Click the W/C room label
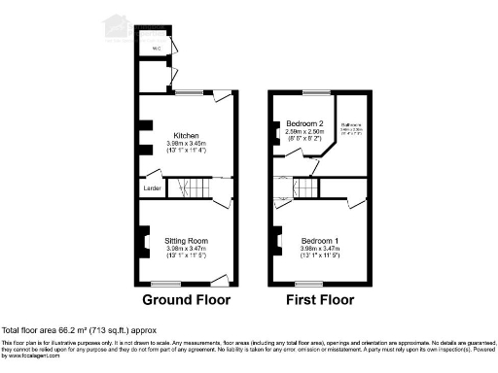tap(156, 47)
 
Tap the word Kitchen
tap(186, 135)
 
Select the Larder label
tap(151, 186)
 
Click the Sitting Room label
tap(186, 240)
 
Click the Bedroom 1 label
tap(319, 240)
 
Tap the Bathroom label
tap(351, 124)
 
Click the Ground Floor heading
tap(185, 300)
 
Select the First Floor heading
tap(319, 300)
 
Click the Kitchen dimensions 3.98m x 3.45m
tap(186, 144)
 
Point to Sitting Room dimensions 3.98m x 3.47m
tap(186, 249)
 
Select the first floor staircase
tap(307, 186)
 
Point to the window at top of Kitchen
tap(188, 92)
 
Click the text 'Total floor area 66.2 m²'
tap(60, 331)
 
